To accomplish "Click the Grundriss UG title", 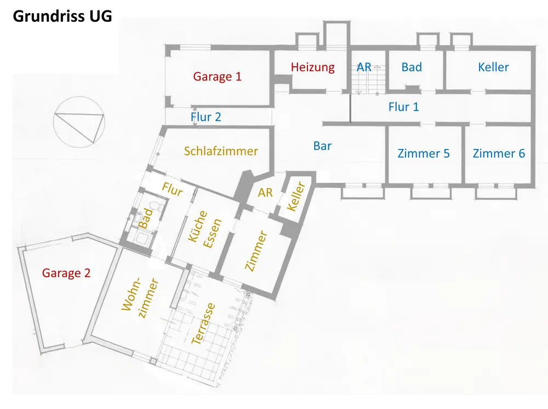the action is pos(62,16).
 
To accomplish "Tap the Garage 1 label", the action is pos(218,77).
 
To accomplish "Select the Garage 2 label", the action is pos(66,273).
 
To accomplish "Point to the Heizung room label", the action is pos(313,67).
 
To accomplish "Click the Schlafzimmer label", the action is pos(221,151).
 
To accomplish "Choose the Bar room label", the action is pos(322,146).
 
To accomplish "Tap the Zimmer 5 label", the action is pos(424,153).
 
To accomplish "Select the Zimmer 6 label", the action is pos(499,153).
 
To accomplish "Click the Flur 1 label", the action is pos(404,107).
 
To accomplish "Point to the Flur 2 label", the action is pos(206,117).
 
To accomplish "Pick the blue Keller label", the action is pos(493,67).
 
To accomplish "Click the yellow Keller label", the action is pos(296,197).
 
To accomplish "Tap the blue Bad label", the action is pos(412,67).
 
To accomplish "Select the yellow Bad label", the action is pos(146,218).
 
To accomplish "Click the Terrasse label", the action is pos(203,324).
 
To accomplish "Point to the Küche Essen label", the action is pos(205,229).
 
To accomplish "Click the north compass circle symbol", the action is pos(79,122).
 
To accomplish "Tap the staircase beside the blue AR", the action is pos(368,79).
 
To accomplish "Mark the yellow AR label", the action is pos(265,192).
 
